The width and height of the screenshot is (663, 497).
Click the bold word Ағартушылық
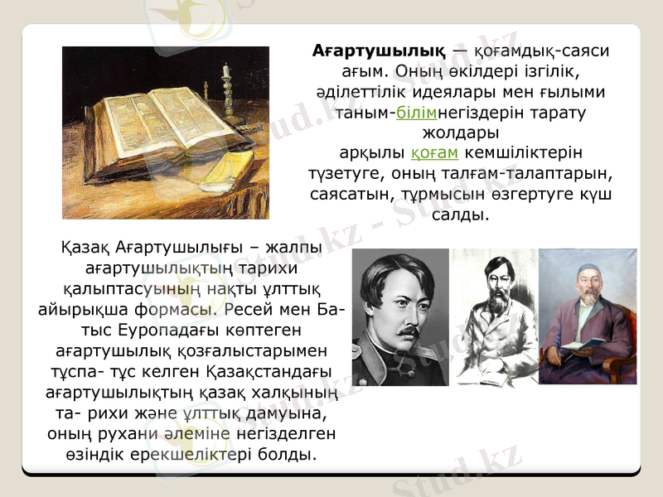pyautogui.click(x=380, y=51)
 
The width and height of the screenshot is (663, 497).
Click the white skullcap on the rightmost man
pyautogui.click(x=589, y=271)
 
